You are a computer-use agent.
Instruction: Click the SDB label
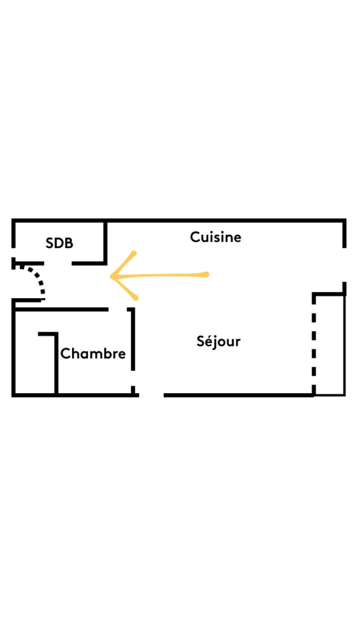point(59,243)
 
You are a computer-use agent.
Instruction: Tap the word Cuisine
point(215,237)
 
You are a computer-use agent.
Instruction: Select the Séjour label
point(218,341)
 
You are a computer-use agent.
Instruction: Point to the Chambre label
point(93,354)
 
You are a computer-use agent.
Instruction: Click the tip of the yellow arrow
point(112,277)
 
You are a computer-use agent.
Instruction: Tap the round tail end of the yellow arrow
point(206,274)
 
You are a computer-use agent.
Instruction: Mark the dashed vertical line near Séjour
point(314,343)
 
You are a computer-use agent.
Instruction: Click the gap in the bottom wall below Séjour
point(151,395)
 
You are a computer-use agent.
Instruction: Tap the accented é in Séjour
point(209,341)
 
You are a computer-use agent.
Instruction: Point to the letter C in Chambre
point(65,354)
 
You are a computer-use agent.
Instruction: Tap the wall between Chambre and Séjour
point(133,340)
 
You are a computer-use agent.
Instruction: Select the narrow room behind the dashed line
point(330,344)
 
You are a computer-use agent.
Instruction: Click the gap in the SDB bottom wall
point(58,263)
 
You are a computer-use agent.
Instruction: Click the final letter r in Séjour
point(237,341)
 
